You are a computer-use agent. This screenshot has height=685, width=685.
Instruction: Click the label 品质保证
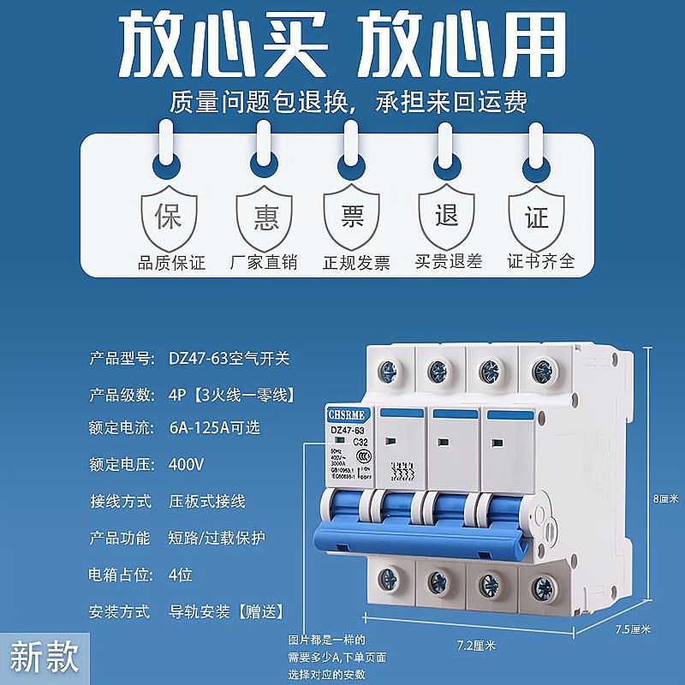[x=172, y=262]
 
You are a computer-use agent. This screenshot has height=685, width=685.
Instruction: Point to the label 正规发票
[x=355, y=262]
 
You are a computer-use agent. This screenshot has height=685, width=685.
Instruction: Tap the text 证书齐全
[x=541, y=261]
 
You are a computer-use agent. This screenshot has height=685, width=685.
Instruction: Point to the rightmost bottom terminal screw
[x=542, y=588]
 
